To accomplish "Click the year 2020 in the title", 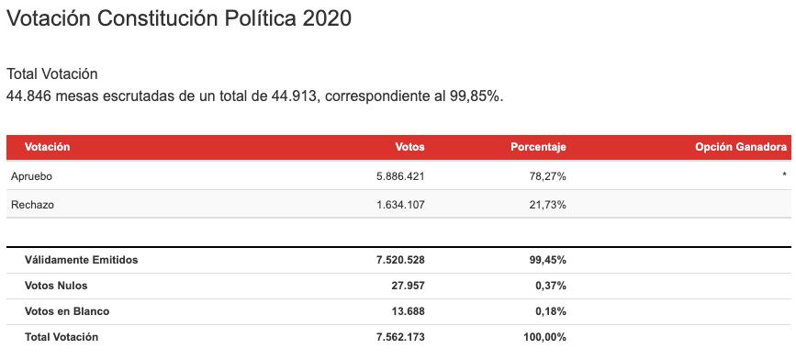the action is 327,18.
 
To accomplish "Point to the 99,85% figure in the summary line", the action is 476,96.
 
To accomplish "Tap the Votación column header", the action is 47,147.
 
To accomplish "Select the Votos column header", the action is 409,147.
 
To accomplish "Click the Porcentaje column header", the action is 538,147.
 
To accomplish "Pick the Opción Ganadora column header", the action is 741,147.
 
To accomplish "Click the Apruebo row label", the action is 31,176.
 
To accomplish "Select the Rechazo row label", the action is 32,205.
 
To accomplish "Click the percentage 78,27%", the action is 549,176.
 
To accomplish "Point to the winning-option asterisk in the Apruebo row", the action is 784,175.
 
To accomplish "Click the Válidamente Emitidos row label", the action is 81,260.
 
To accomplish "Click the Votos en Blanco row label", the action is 67,311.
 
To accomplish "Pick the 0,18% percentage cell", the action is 551,311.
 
